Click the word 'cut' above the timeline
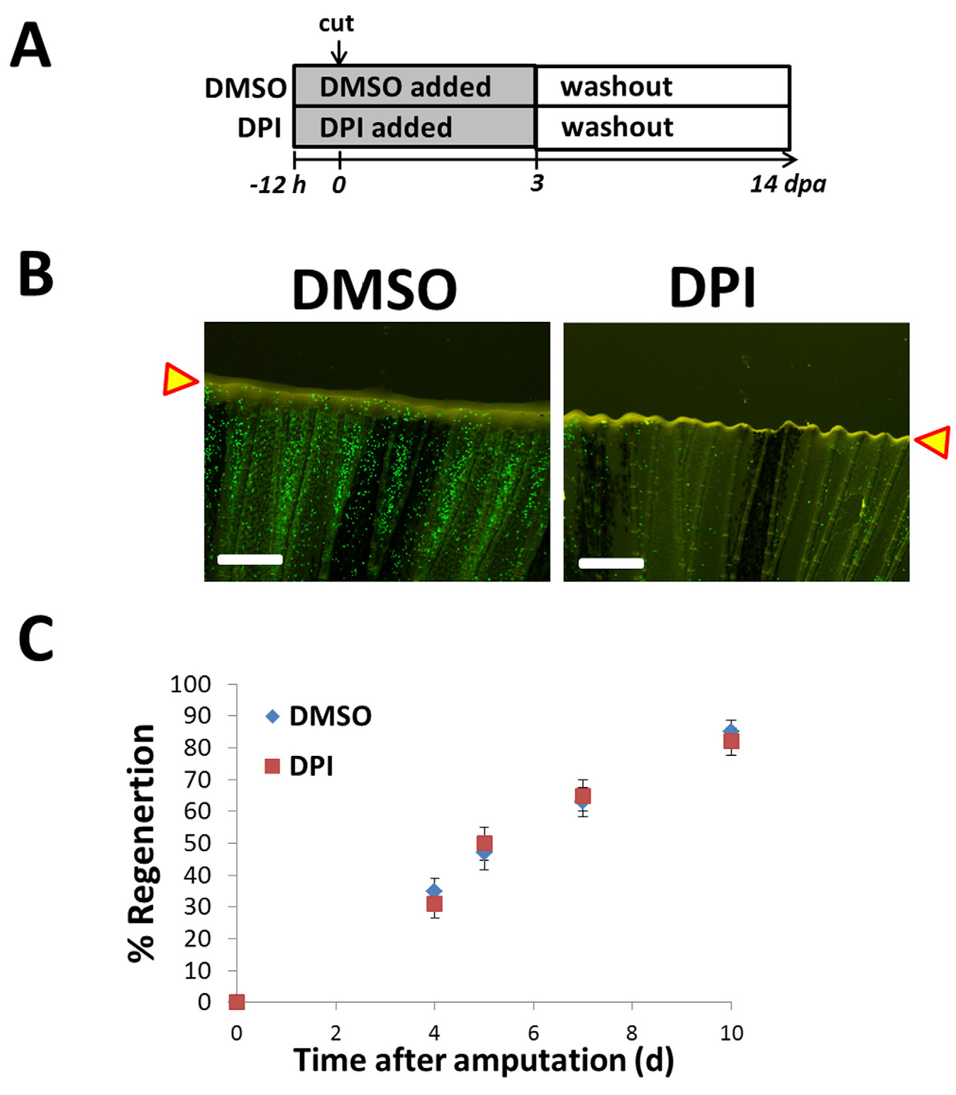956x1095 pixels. pos(336,24)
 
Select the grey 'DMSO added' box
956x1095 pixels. pos(415,86)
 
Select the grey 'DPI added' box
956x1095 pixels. pos(415,127)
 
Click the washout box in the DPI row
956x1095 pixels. pos(663,128)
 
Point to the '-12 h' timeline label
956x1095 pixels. pos(278,185)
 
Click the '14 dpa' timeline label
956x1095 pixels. pos(787,184)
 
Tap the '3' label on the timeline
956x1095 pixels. pos(537,183)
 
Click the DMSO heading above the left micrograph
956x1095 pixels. pos(374,289)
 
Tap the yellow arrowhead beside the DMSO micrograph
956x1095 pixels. pos(181,379)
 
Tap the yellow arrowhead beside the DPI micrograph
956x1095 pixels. pos(932,442)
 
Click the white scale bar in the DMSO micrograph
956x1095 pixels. pos(250,560)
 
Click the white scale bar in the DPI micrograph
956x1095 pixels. pos(611,563)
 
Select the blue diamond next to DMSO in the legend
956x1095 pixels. pos(273,716)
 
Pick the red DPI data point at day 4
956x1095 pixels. pos(435,904)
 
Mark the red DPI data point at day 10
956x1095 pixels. pos(731,741)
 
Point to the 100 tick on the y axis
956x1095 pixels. pos(191,684)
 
